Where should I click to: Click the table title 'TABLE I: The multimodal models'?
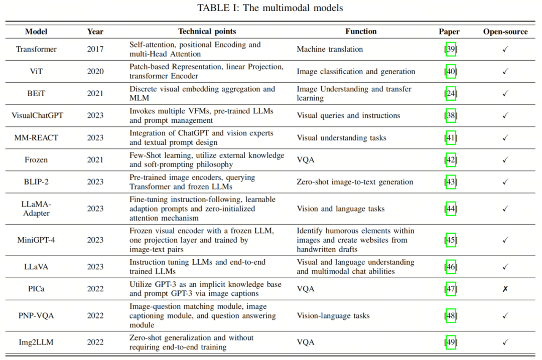[270, 8]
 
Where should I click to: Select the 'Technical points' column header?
[207, 31]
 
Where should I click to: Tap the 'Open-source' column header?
[505, 31]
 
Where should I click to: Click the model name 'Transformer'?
[36, 49]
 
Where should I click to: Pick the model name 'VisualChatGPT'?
[37, 115]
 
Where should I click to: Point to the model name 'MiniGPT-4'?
[36, 239]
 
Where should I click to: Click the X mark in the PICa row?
[505, 289]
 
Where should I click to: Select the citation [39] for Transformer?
[450, 49]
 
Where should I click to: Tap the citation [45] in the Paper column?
[450, 240]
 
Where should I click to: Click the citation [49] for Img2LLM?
[450, 342]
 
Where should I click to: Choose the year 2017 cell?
[95, 49]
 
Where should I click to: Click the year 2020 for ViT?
[95, 71]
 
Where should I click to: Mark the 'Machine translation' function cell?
[330, 49]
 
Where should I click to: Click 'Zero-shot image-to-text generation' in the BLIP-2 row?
[355, 182]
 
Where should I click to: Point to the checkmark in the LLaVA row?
[505, 267]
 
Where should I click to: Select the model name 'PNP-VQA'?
[36, 315]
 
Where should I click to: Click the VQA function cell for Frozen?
[305, 159]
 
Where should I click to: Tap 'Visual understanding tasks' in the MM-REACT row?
[341, 137]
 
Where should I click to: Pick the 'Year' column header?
[95, 31]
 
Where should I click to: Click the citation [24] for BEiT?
[450, 93]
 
